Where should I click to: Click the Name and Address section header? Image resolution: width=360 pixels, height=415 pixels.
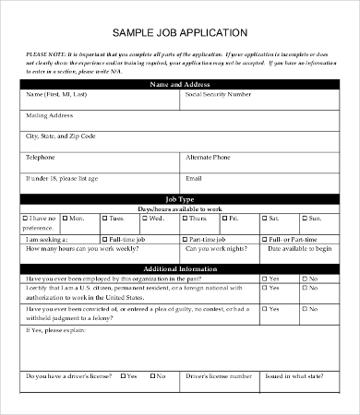[x=179, y=84]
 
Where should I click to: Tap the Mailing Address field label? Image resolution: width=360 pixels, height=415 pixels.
[x=49, y=115]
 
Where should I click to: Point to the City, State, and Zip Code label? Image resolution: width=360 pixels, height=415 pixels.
[x=61, y=136]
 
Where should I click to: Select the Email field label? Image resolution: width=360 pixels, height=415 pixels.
[x=194, y=177]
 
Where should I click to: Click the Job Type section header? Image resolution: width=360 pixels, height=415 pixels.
[x=179, y=198]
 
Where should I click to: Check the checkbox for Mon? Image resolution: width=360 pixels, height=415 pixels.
[x=64, y=218]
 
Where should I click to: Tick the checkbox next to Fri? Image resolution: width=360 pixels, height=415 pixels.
[x=225, y=218]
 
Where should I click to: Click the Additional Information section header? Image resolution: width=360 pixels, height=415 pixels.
[x=179, y=267]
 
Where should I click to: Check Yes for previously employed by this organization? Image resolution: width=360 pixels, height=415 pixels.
[x=265, y=278]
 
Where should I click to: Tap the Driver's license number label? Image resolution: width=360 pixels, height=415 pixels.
[x=218, y=376]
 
